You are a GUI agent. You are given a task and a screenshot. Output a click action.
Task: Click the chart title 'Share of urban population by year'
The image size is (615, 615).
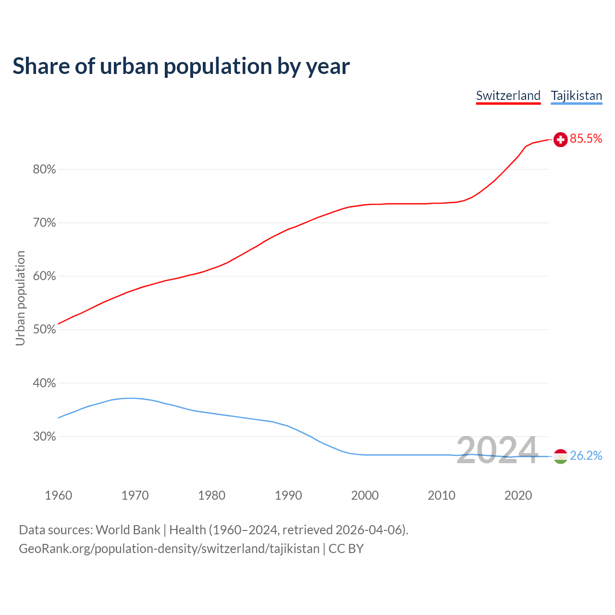[x=181, y=66]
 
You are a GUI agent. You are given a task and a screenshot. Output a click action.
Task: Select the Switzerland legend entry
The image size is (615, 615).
[x=508, y=96]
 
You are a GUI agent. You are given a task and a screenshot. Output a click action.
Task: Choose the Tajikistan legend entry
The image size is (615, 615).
[x=576, y=96]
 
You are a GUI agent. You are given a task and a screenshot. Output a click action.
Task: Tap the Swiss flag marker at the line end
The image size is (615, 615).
[x=560, y=139]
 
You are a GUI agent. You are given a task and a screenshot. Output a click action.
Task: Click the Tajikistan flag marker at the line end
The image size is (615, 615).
[x=560, y=456]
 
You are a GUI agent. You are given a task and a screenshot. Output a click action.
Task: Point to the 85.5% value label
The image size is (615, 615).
[x=586, y=139]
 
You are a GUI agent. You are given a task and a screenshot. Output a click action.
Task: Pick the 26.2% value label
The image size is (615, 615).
[x=586, y=456]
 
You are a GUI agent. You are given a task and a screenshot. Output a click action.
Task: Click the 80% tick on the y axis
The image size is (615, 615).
[x=44, y=170]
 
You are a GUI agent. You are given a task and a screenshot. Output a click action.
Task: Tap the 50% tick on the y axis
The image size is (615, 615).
[x=44, y=330]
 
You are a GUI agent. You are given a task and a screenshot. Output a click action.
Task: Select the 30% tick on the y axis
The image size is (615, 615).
[x=44, y=437]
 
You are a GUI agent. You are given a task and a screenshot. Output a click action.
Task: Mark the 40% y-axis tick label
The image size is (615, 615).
[x=44, y=383]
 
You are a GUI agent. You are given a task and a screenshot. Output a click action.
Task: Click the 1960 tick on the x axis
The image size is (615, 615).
[x=58, y=495]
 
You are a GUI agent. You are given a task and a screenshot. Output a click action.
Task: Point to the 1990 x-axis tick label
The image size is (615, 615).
[x=288, y=495]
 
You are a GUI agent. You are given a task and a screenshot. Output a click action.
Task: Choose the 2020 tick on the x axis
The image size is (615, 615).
[x=518, y=495]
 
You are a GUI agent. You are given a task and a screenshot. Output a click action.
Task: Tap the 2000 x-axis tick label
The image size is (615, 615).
[x=365, y=495]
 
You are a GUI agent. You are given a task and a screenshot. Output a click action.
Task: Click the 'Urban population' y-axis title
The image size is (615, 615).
[x=20, y=298]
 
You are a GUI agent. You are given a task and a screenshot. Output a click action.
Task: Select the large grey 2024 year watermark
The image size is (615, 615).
[x=497, y=450]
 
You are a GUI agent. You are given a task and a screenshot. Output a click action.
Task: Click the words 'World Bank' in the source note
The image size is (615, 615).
[x=128, y=530]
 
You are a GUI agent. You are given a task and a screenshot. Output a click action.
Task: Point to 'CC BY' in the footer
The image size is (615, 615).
[x=346, y=549]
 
